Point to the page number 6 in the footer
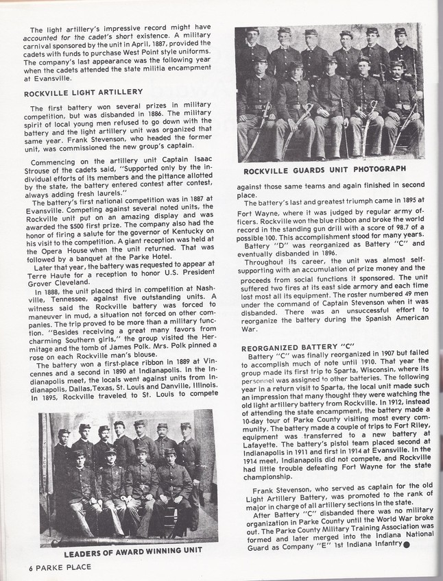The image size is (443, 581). pyautogui.click(x=12, y=567)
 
